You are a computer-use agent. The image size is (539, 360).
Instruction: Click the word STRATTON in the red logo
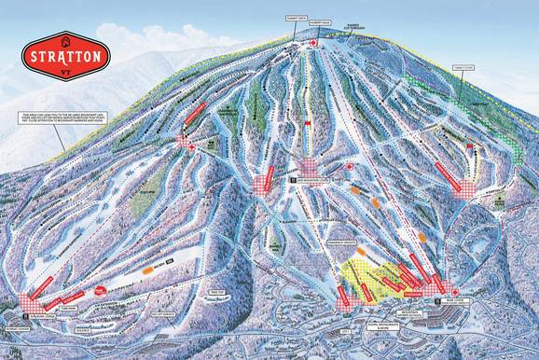tap(66, 53)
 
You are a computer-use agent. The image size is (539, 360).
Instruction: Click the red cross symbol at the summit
tap(313, 43)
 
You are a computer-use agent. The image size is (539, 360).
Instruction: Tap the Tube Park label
tap(68, 306)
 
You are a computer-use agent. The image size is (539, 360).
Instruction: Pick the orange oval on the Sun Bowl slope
tap(152, 269)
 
